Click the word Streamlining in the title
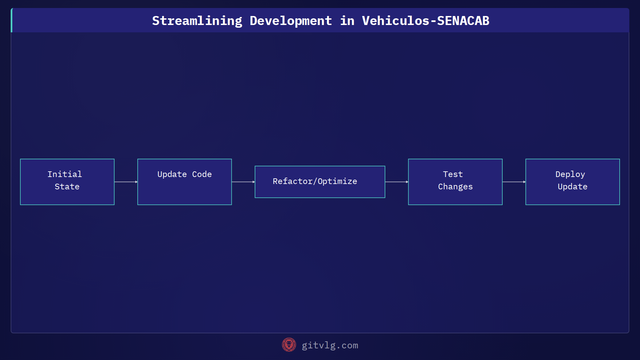coord(197,21)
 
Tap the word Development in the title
coord(291,21)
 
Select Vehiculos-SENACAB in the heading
coord(425,21)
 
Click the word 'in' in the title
coord(347,21)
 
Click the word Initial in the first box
coord(65,174)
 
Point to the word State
coord(67,187)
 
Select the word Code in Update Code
coord(202,174)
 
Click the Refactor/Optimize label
coord(315,181)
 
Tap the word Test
coord(453,174)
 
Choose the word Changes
coord(455,187)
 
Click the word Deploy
coord(570,174)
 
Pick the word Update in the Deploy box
coord(572,187)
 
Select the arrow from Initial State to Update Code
coord(126,182)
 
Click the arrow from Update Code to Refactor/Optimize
coord(243,182)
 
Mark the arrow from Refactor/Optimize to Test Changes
coord(396,182)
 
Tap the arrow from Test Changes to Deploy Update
coord(514,182)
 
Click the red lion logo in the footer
coord(289,345)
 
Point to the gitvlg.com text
coord(330,345)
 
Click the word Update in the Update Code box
coord(172,174)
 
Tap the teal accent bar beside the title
coord(12,20)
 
